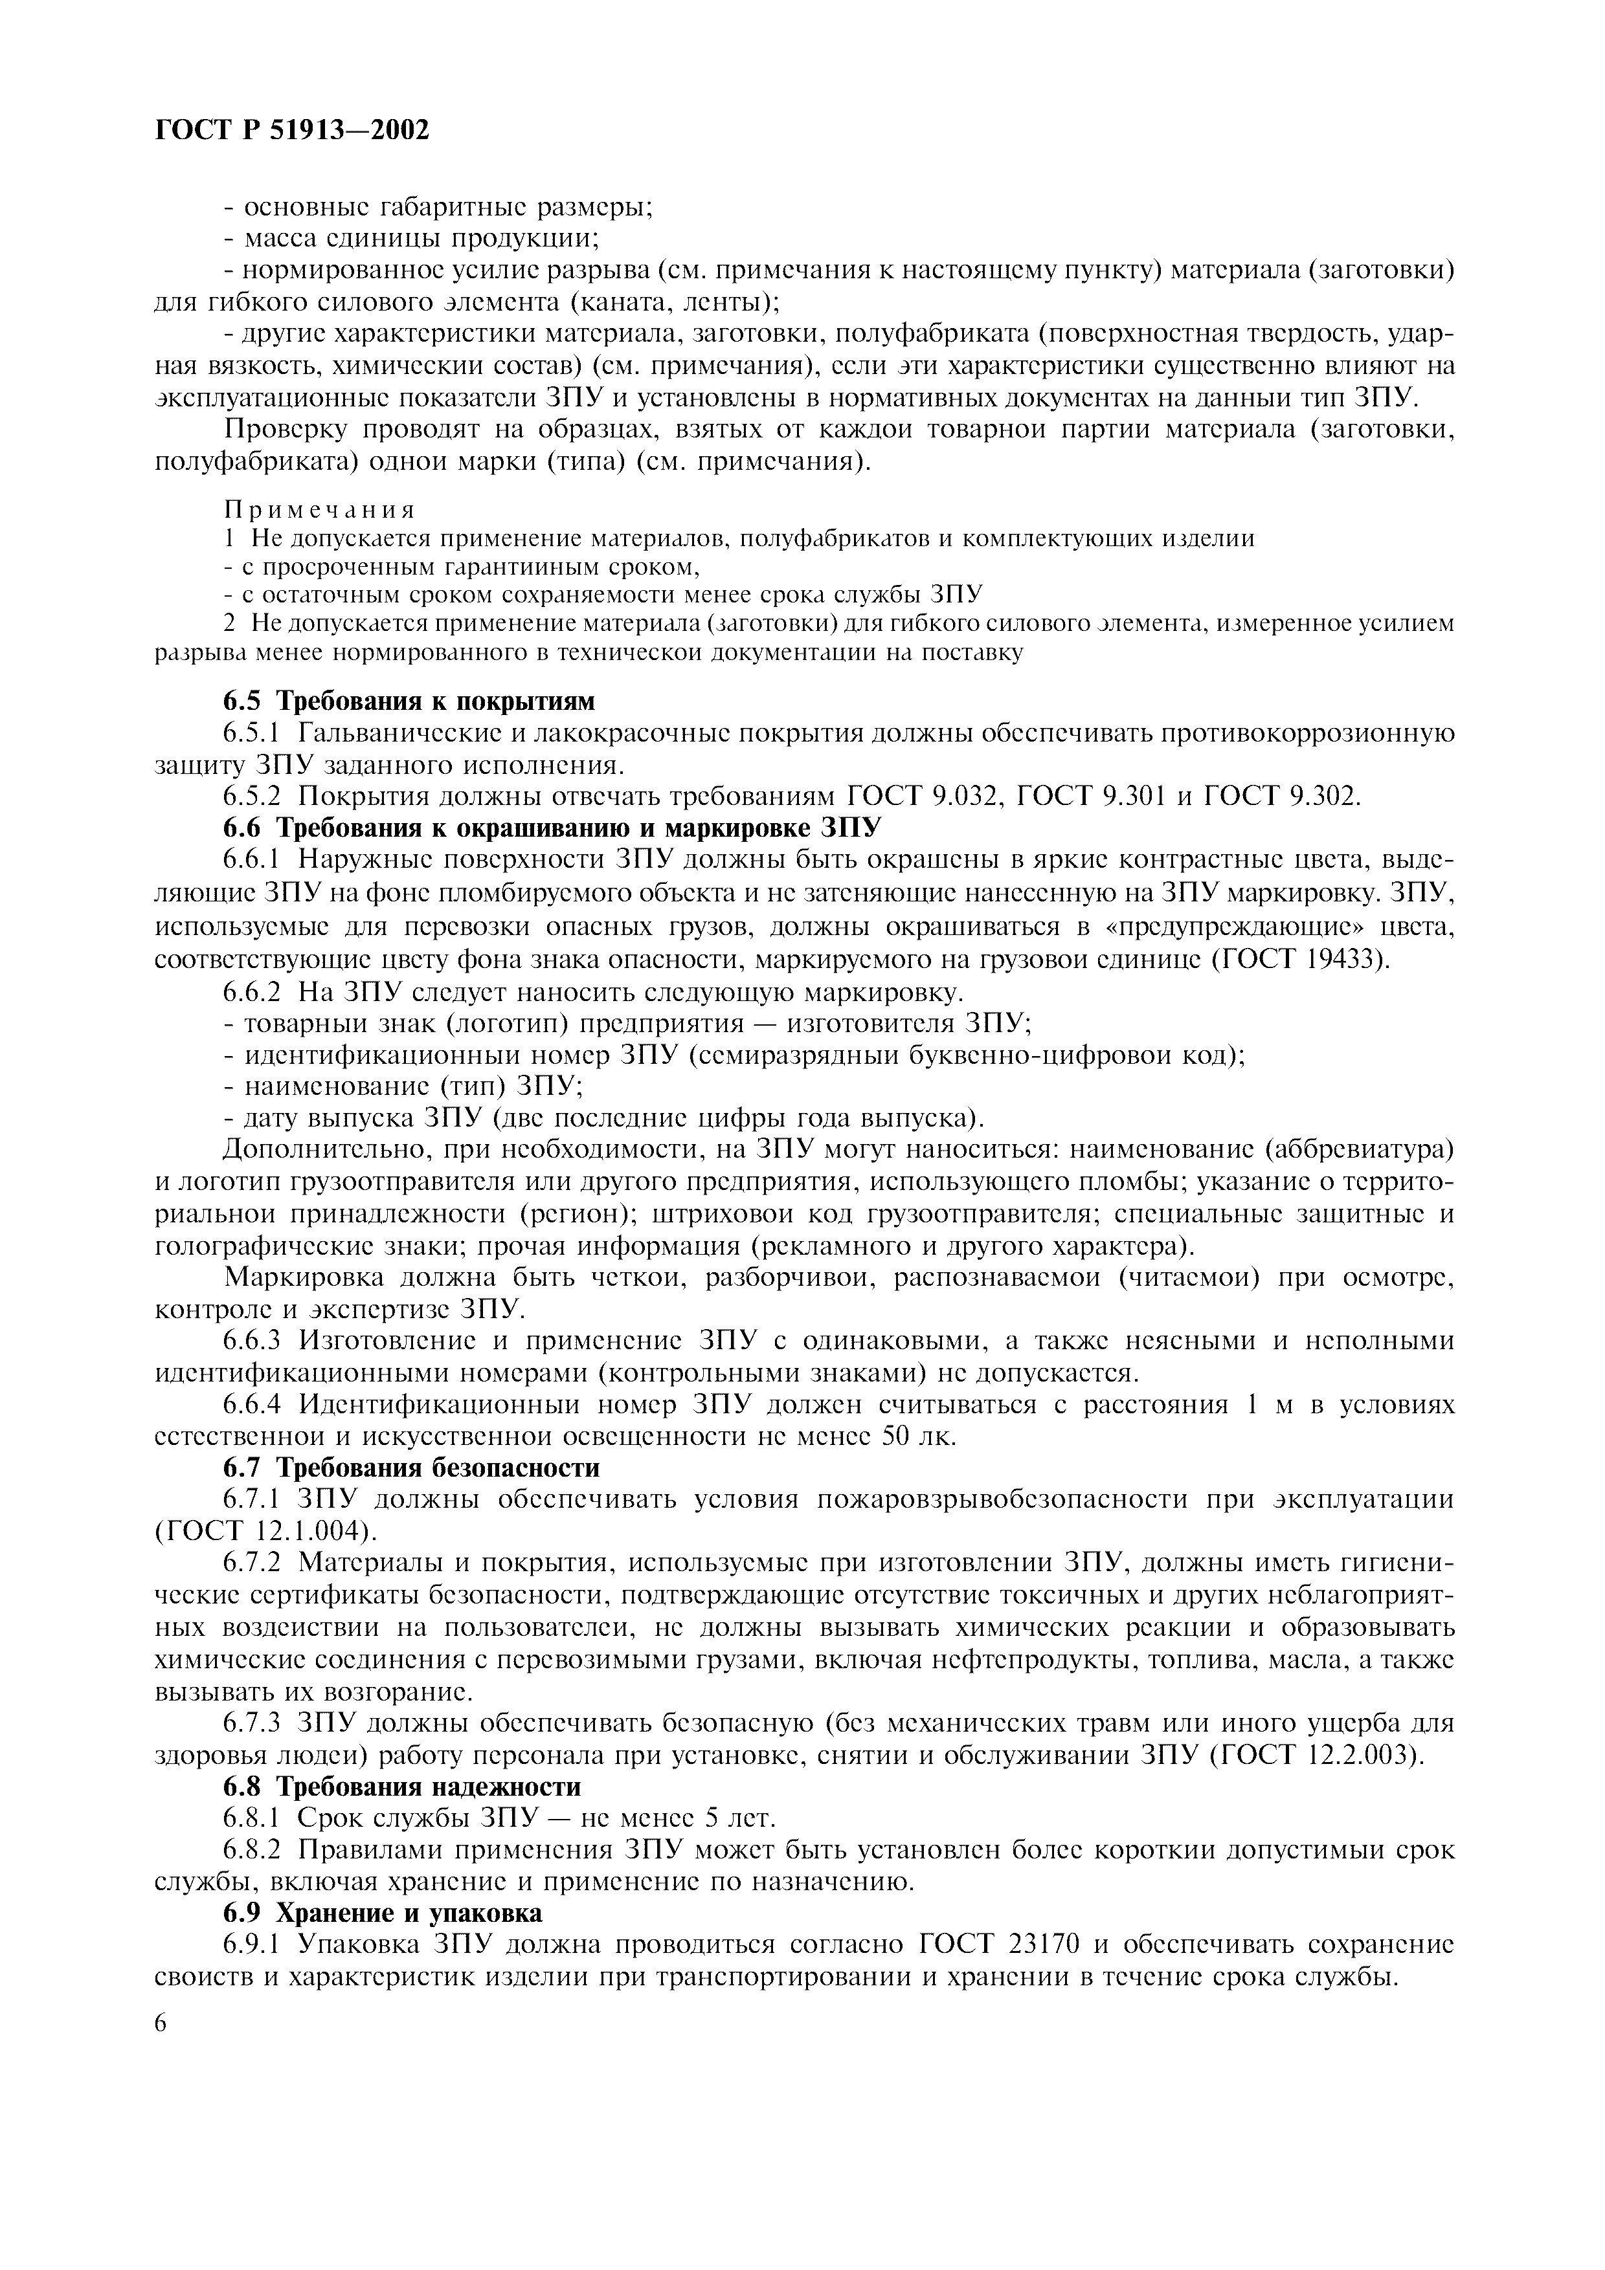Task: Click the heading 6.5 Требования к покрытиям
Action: click(409, 701)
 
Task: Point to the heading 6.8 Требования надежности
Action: click(401, 1787)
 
